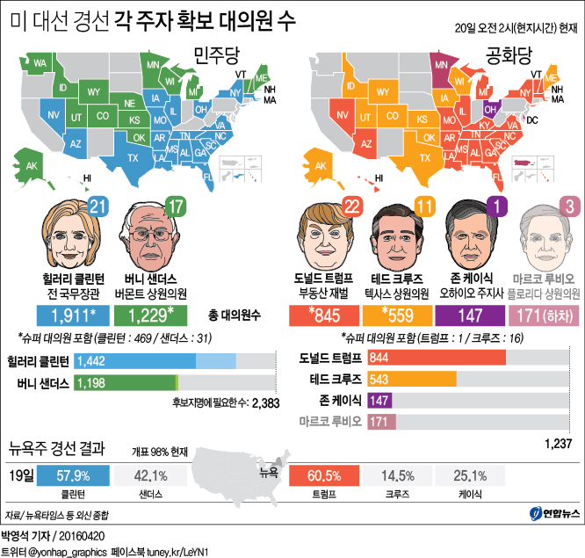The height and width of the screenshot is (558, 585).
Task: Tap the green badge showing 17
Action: [x=177, y=207]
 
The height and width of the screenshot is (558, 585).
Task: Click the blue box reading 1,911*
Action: [x=74, y=315]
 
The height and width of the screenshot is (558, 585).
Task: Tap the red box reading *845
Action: [x=324, y=315]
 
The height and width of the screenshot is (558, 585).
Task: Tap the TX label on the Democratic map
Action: [x=134, y=158]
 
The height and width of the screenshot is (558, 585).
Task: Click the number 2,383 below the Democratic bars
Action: [x=269, y=403]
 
